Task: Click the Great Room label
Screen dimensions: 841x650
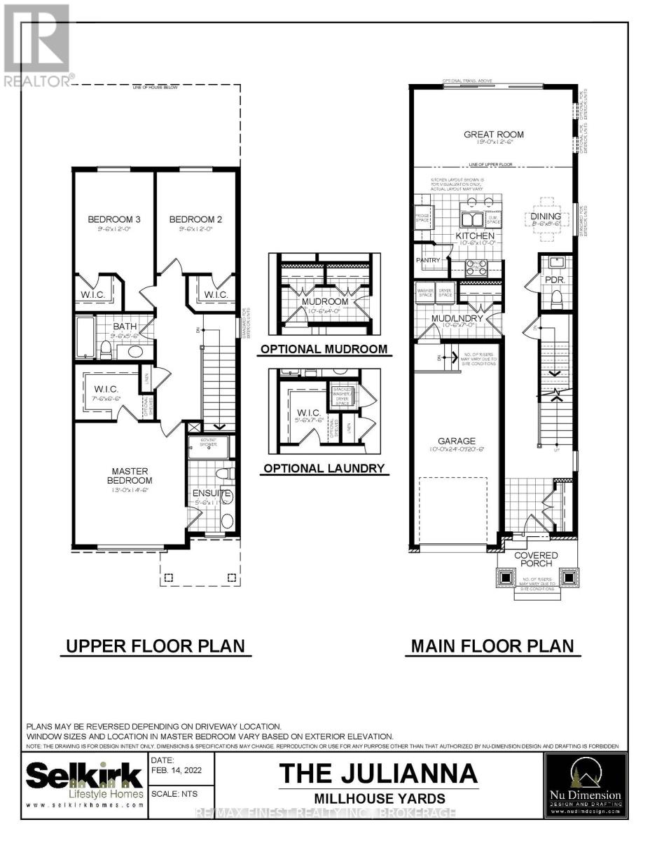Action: [494, 135]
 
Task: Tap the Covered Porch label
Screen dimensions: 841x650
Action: [536, 559]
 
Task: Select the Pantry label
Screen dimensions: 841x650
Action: [427, 261]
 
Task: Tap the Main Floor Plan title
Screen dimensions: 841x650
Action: [492, 645]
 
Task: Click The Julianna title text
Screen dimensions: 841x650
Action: [378, 774]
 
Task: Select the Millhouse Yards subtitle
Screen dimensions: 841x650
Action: [378, 798]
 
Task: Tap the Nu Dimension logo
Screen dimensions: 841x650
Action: [583, 785]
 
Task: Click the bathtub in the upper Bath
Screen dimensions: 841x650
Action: [85, 336]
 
